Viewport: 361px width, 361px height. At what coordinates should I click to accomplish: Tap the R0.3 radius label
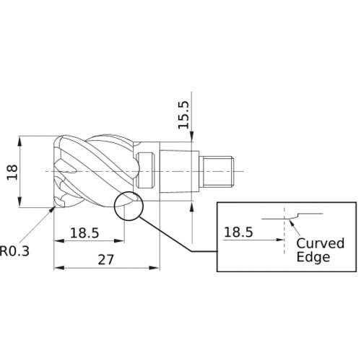[15, 251]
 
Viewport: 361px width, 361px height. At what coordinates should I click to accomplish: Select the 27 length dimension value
[105, 259]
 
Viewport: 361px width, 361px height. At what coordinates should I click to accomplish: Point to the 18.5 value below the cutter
[84, 233]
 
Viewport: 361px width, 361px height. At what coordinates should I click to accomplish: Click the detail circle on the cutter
[128, 205]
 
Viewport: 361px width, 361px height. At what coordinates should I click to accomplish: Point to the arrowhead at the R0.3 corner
[53, 209]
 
